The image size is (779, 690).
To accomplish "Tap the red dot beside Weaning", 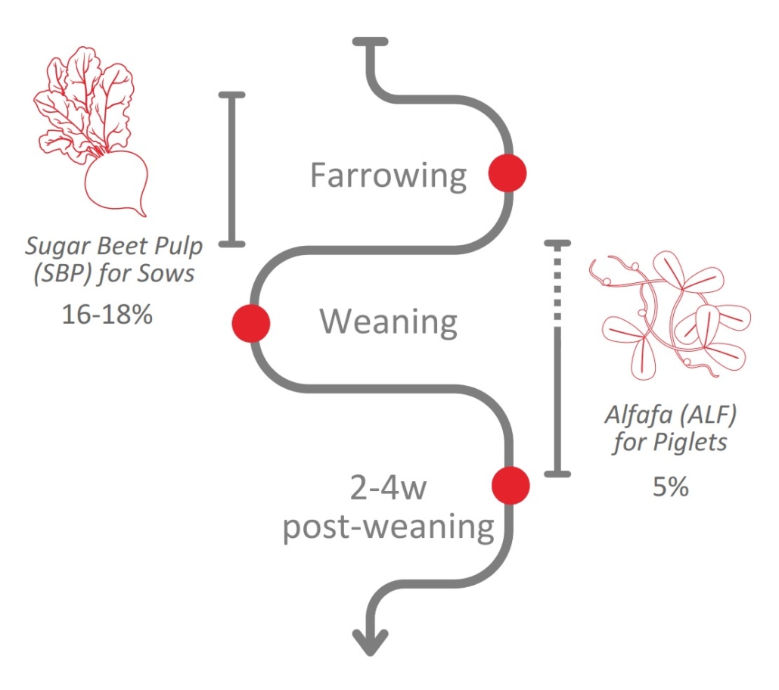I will point(251,323).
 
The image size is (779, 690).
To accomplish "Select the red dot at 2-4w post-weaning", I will point(511,485).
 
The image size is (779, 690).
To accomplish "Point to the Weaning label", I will point(388,322).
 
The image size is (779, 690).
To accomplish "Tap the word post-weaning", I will point(388,527).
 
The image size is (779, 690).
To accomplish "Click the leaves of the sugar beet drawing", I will point(83,98).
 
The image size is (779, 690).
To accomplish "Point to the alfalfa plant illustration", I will point(670,314).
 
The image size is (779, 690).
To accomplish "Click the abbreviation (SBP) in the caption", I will point(60,272).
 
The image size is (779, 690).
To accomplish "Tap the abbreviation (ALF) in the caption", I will point(691,415).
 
